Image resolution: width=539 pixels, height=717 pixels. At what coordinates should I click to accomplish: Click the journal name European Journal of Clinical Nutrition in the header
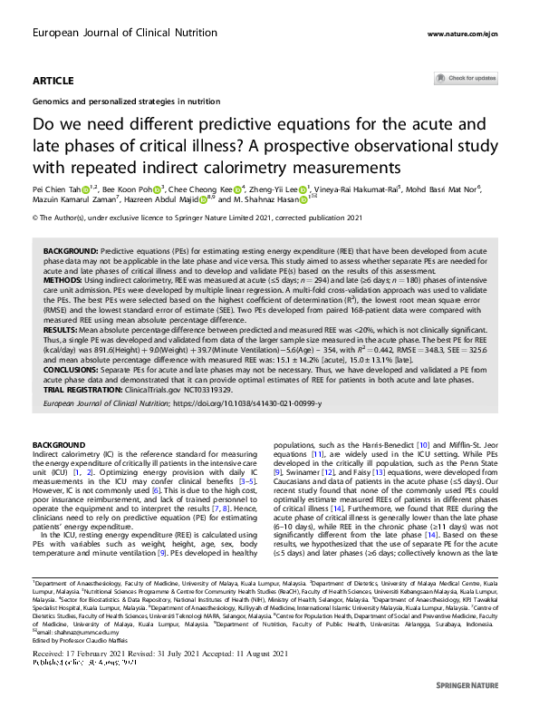(x=106, y=33)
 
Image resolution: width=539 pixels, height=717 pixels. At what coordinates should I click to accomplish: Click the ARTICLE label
(x=53, y=82)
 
